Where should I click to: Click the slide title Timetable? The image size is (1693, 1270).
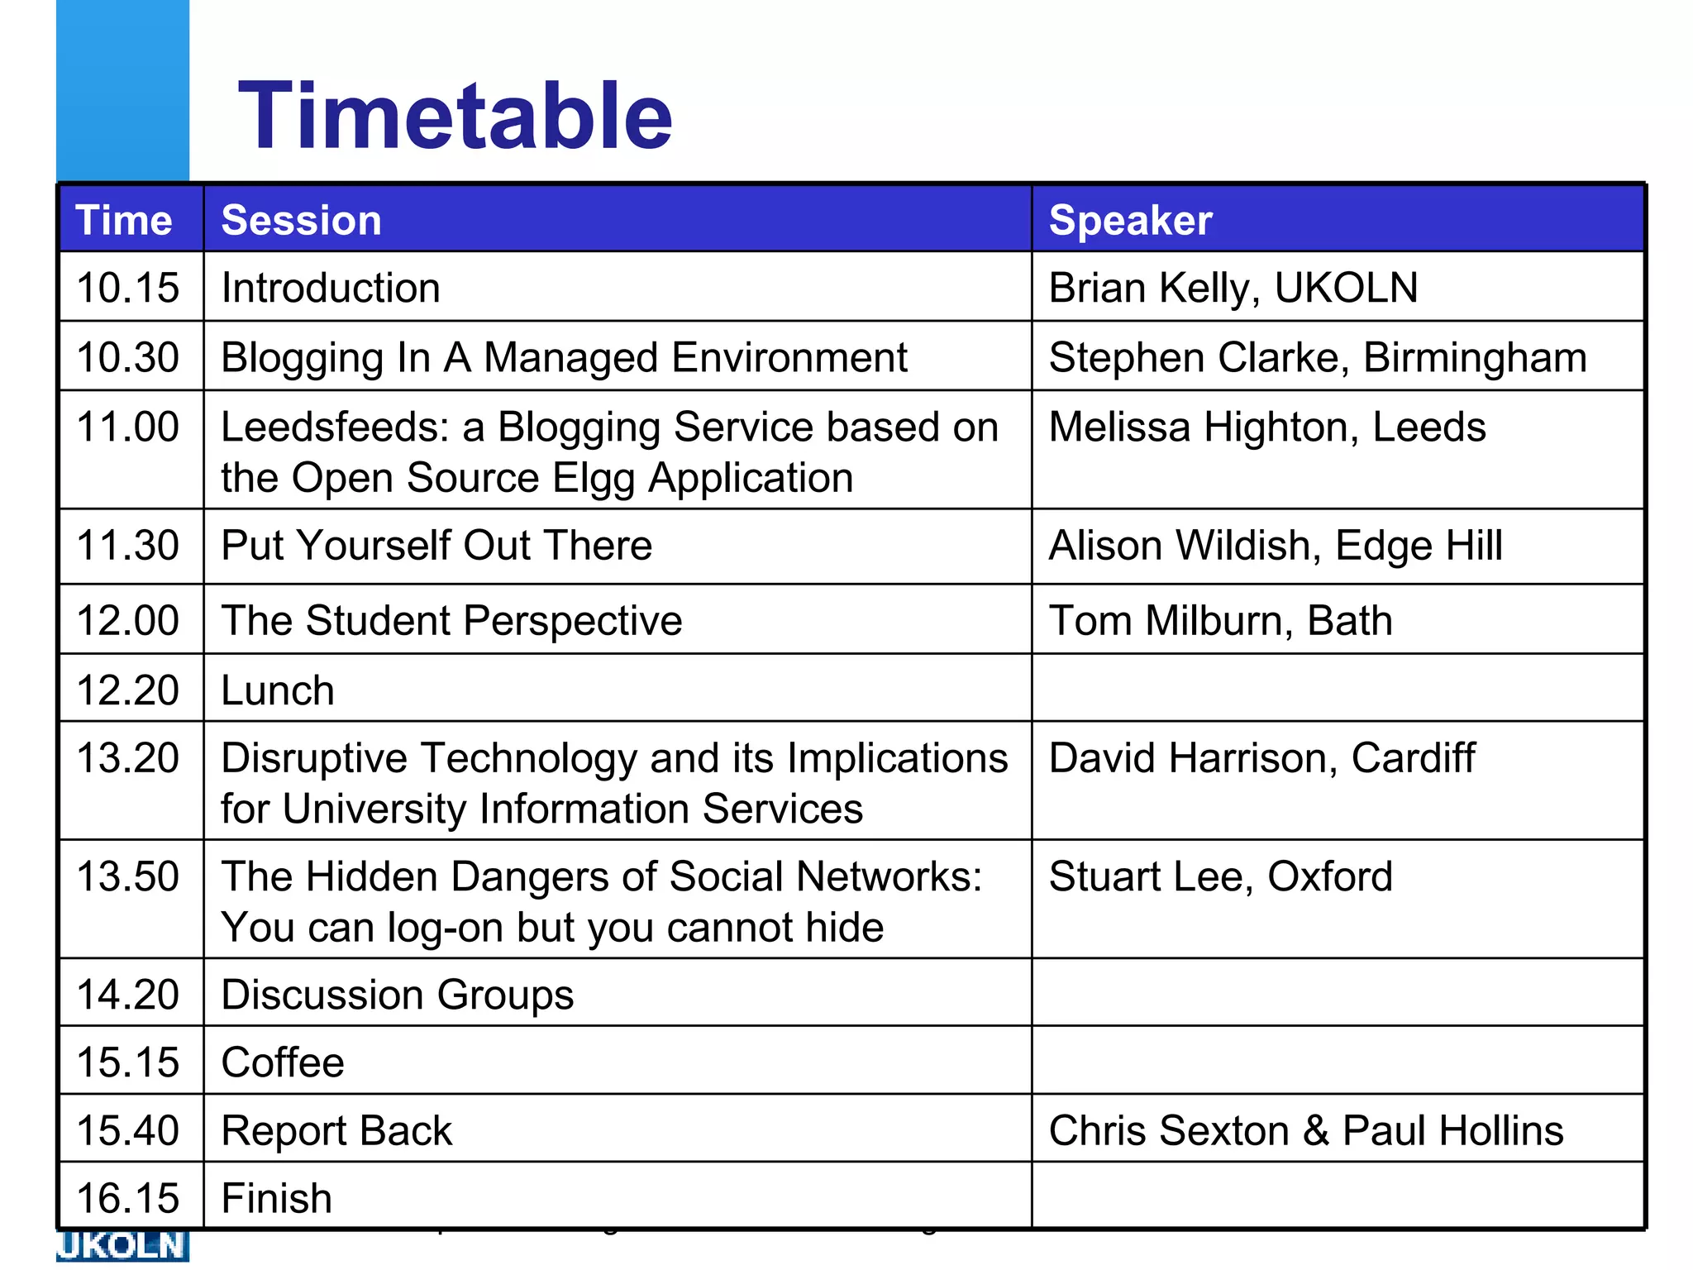pos(455,116)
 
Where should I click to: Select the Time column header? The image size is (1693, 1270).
pos(124,220)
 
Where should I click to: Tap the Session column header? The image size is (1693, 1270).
pos(302,220)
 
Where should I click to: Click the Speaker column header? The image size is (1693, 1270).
pos(1130,220)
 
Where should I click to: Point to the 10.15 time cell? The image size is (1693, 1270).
pos(128,288)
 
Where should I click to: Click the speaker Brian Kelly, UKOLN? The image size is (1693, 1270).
pos(1233,288)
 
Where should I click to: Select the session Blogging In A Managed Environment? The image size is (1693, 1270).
pos(564,357)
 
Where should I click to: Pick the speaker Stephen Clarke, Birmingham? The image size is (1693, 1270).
pos(1318,357)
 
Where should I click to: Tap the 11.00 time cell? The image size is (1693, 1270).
pos(128,427)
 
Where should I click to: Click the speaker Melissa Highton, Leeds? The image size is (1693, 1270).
pos(1267,427)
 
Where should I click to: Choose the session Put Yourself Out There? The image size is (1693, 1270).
pos(436,546)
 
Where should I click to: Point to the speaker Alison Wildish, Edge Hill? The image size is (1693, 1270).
pos(1276,546)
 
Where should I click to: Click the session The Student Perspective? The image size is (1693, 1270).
pos(451,620)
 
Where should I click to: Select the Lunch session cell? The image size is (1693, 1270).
pos(278,690)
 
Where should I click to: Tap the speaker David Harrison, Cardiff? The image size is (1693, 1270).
pos(1261,758)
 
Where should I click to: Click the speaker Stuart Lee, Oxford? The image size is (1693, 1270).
pos(1220,876)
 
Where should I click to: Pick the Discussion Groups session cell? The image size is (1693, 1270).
pos(397,995)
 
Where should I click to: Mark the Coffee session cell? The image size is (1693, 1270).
pos(283,1062)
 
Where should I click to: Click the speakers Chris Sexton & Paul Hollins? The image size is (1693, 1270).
pos(1306,1130)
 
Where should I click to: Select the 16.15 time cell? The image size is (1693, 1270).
pos(128,1198)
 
